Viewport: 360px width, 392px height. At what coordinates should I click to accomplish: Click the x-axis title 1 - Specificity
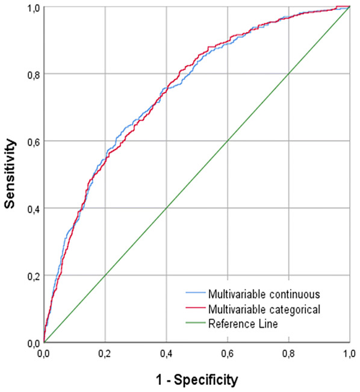coord(197,379)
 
